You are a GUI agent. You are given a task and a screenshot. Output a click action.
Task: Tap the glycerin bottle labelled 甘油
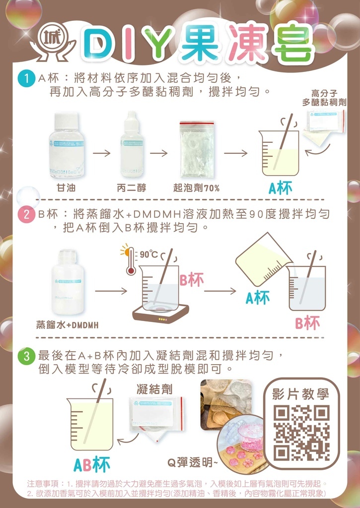(x=67, y=146)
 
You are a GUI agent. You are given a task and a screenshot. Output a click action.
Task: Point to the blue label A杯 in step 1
(x=280, y=188)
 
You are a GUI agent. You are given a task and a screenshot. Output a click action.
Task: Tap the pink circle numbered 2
(x=25, y=215)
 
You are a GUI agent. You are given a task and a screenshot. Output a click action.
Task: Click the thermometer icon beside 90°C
(x=130, y=261)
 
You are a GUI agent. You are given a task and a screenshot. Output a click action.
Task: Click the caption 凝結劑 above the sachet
(x=154, y=389)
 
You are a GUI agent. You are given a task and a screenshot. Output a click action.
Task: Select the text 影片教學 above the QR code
(x=301, y=394)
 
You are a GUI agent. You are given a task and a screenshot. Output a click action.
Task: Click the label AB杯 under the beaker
(x=92, y=464)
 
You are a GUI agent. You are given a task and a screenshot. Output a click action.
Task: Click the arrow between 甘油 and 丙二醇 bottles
(x=102, y=153)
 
